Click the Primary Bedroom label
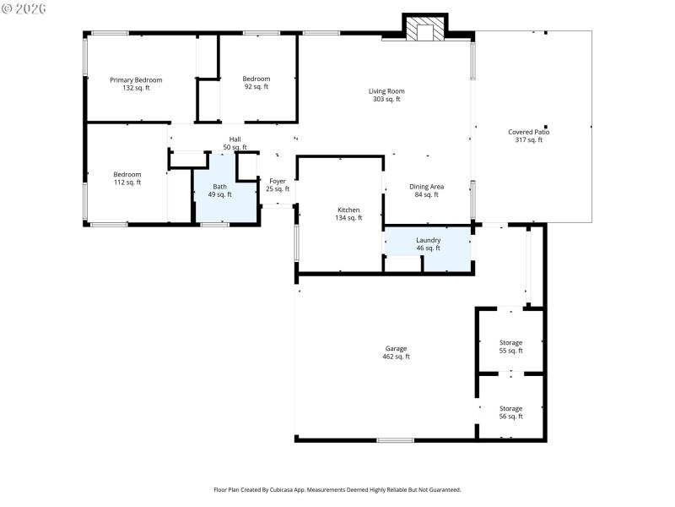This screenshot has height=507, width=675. pos(136,80)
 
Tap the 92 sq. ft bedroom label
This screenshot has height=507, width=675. pos(256,79)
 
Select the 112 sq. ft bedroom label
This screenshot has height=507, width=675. pos(127,174)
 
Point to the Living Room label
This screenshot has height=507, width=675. pos(386,91)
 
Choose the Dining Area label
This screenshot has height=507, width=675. pos(426,187)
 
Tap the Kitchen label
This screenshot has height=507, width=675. pos(348,210)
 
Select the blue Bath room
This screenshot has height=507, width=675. pos(220,191)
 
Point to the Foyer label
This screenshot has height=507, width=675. pos(278,181)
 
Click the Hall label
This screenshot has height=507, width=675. pos(235,139)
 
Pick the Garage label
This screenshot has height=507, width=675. pos(397,348)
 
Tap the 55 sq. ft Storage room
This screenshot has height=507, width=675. pos(510,346)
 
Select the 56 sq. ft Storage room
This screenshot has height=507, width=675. pos(510,412)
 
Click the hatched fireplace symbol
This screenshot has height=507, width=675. pos(424,30)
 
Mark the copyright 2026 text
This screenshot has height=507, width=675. pos(24,8)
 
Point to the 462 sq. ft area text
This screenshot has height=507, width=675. pos(397,357)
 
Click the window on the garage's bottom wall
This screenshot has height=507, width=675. pos(395,439)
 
